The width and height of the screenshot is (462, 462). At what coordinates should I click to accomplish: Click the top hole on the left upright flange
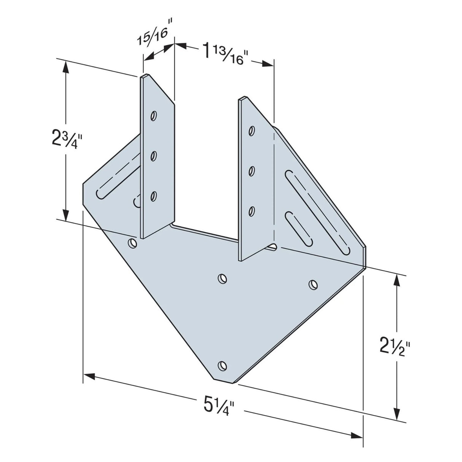(x=154, y=115)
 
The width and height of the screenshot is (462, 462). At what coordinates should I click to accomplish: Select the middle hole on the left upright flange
(x=154, y=156)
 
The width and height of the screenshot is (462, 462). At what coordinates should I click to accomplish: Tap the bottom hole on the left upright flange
(x=154, y=196)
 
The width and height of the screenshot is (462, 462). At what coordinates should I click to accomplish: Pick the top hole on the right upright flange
(x=251, y=131)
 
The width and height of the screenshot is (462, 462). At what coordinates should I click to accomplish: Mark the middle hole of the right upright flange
(x=251, y=171)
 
